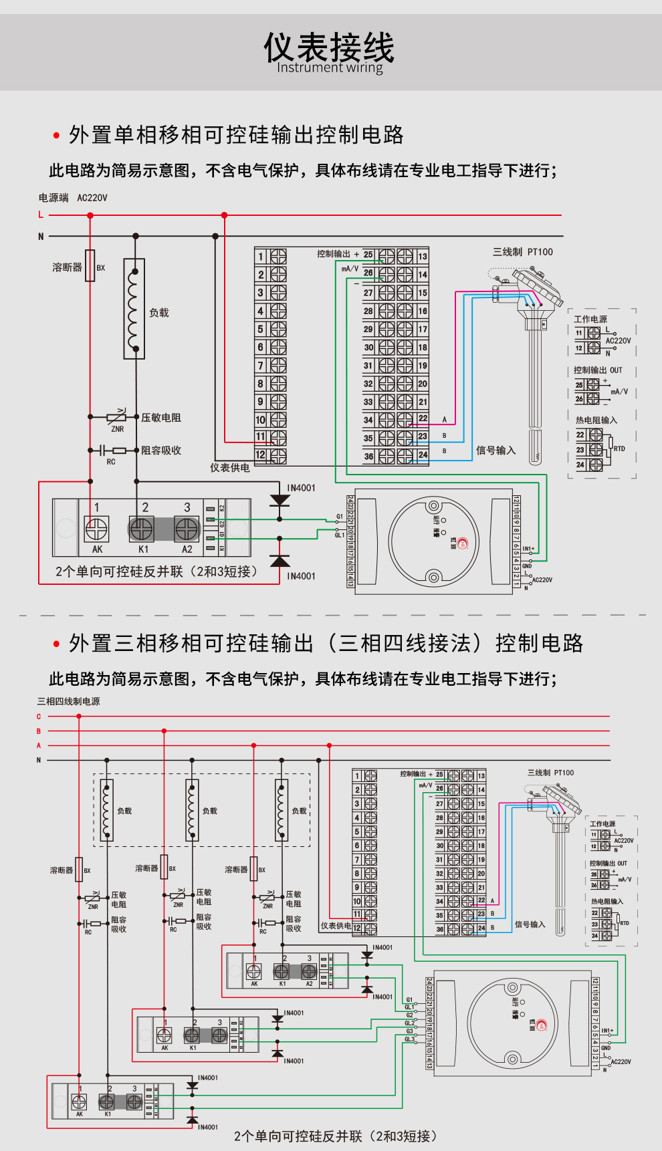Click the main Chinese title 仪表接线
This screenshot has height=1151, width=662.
coord(329,47)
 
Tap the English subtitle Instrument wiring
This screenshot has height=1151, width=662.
coord(330,68)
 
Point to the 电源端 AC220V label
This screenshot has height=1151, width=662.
coord(73,198)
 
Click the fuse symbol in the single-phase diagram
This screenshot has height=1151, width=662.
coord(90,266)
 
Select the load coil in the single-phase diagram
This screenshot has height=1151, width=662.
coord(134,309)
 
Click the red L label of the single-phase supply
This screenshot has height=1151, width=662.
coord(41,215)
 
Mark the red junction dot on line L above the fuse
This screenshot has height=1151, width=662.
coord(90,215)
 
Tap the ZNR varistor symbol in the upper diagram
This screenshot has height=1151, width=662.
coord(116,417)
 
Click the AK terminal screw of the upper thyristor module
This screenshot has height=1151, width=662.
coord(96,529)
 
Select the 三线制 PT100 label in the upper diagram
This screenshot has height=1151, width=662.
coord(523,252)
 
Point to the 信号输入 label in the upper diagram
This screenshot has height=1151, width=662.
coord(495,451)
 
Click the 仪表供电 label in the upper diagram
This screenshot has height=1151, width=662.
coord(230,468)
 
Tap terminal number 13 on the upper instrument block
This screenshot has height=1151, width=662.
coord(423,257)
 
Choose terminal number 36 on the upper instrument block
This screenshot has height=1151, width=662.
coord(368,457)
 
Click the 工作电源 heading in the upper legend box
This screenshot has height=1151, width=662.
coord(590,319)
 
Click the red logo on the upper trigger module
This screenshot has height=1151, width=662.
coord(463,543)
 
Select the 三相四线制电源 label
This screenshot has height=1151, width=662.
coord(69,701)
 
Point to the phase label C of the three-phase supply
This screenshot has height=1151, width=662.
coord(39,717)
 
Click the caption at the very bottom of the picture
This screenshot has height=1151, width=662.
coord(335,1136)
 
